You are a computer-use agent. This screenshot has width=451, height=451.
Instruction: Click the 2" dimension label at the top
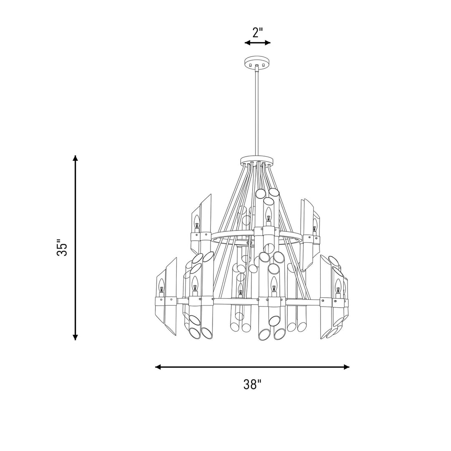click(x=257, y=33)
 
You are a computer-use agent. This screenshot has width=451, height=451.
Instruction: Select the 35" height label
click(x=62, y=247)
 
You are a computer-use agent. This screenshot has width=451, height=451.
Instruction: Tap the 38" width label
click(x=252, y=384)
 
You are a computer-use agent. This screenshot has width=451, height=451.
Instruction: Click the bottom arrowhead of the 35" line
click(x=75, y=337)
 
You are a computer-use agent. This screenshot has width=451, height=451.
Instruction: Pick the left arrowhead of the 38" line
click(x=158, y=367)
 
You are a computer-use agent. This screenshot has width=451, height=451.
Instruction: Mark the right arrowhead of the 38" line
click(x=347, y=367)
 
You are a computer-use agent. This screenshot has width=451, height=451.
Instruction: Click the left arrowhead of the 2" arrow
click(x=247, y=43)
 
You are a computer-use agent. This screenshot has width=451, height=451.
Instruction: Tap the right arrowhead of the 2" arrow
click(x=268, y=43)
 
